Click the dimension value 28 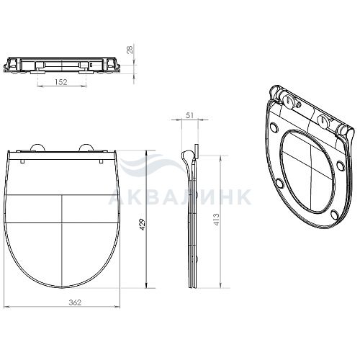(130, 50)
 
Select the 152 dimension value (61, 82)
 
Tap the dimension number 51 (189, 115)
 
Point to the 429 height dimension (143, 224)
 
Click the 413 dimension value (216, 220)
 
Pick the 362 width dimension (75, 302)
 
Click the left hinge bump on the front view (37, 148)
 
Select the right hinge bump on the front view (86, 148)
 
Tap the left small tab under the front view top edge (22, 161)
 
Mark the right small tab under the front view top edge (102, 161)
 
